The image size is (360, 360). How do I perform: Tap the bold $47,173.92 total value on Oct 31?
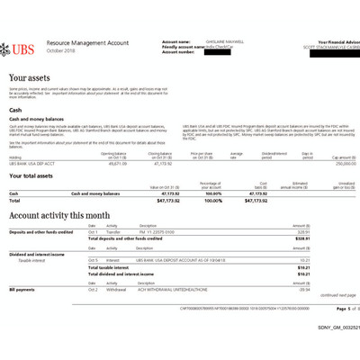tap(157, 200)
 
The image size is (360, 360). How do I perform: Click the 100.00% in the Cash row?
tap(212, 193)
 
